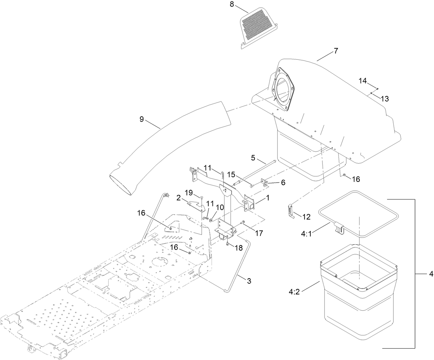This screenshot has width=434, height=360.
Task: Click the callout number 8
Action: pyautogui.click(x=232, y=4)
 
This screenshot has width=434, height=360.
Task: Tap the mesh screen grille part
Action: pyautogui.click(x=258, y=27)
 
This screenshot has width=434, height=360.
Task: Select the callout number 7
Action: pyautogui.click(x=336, y=51)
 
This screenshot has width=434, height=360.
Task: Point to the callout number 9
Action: pyautogui.click(x=141, y=119)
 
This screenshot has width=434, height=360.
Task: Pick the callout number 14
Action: pyautogui.click(x=362, y=81)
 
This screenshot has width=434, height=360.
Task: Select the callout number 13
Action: pyautogui.click(x=385, y=99)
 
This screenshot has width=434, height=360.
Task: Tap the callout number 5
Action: pyautogui.click(x=253, y=158)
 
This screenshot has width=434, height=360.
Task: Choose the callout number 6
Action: pyautogui.click(x=283, y=183)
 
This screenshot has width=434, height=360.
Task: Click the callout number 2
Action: pyautogui.click(x=179, y=197)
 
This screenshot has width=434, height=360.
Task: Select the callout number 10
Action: pyautogui.click(x=220, y=207)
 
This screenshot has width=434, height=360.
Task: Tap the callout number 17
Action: pyautogui.click(x=259, y=233)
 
